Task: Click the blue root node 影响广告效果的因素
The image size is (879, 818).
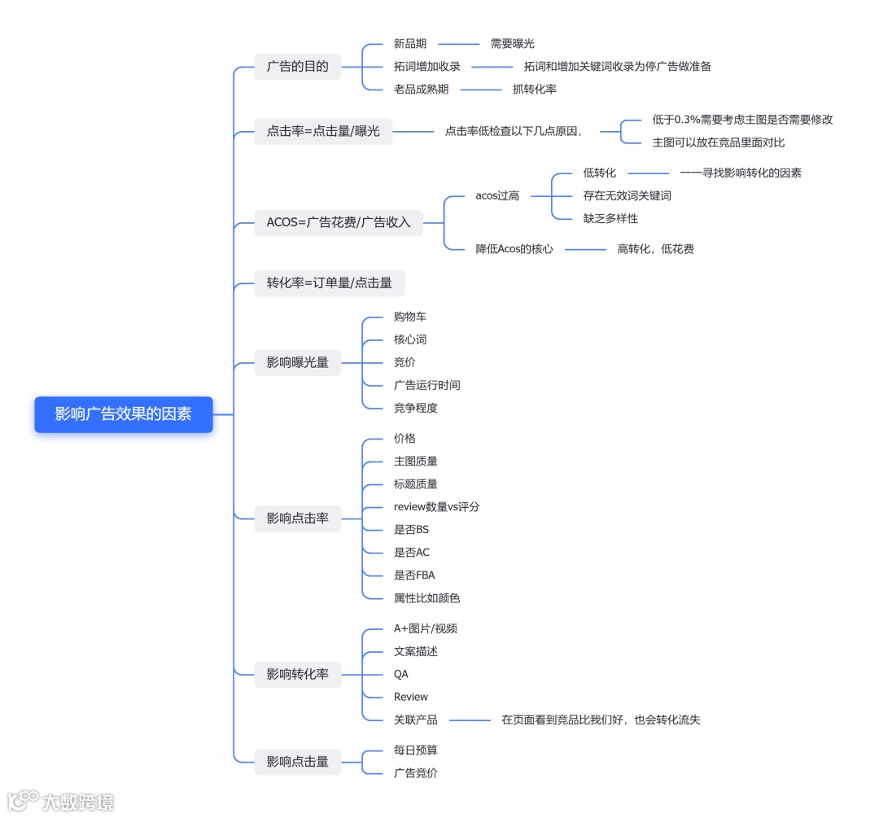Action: pos(124,414)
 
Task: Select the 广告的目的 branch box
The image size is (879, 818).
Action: pos(297,67)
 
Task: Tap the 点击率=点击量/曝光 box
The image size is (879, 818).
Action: pos(323,130)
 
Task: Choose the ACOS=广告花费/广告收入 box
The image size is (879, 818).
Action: pos(339,221)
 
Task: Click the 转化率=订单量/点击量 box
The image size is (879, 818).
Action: pos(330,283)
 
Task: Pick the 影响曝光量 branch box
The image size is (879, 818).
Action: pos(297,362)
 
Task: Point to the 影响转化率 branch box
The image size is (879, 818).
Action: pos(297,674)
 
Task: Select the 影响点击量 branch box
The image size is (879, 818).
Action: pos(297,762)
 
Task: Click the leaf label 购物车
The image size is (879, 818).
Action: pos(410,317)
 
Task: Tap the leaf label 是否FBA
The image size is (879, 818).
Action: pos(414,575)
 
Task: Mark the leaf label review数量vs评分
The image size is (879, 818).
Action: pos(436,506)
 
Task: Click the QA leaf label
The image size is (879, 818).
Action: pos(401,674)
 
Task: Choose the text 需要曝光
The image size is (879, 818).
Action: pos(512,44)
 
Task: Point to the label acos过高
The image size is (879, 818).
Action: pos(497,195)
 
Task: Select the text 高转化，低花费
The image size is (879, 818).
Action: pos(655,249)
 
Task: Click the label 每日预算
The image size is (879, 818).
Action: pos(416,750)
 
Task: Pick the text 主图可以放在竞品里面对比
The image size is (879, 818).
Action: pos(718,142)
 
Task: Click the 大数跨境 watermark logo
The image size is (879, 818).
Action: pos(60,801)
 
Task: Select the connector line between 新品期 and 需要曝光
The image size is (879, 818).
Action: pos(459,44)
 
